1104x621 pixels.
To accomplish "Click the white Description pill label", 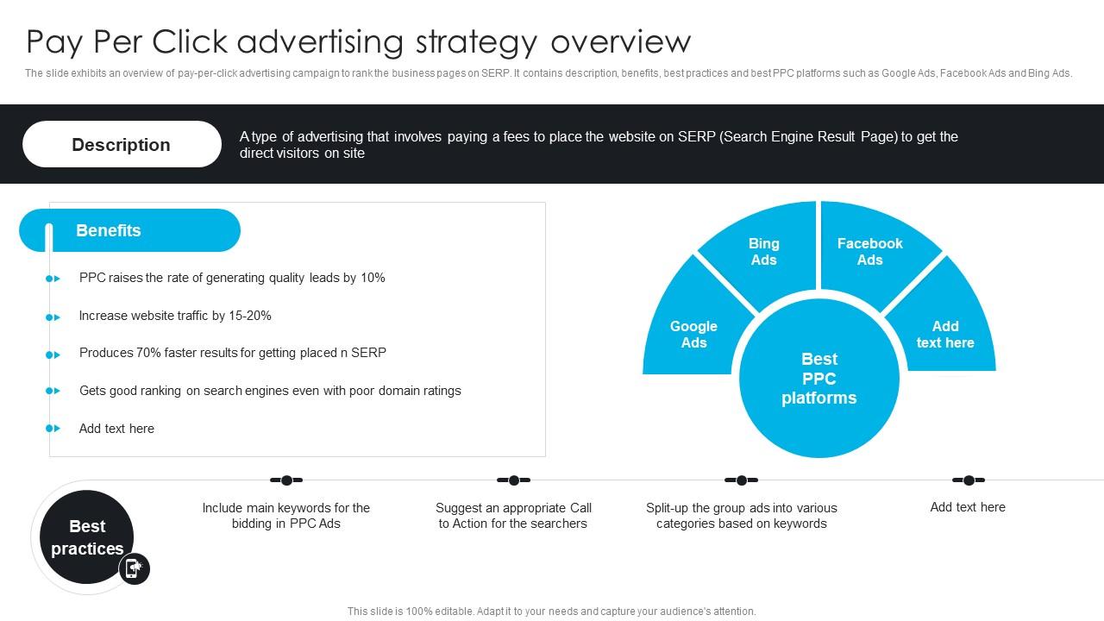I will tap(122, 144).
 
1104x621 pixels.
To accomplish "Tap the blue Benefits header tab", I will tap(129, 230).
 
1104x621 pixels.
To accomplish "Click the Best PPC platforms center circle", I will tap(819, 379).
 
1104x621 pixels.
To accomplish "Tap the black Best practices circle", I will tap(86, 536).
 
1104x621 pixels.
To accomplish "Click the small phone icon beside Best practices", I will tap(134, 568).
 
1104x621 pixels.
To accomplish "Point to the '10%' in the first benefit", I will tap(373, 278).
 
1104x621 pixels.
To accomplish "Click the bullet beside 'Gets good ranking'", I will tap(53, 391).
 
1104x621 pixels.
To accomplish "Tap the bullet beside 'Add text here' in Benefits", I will tap(53, 429).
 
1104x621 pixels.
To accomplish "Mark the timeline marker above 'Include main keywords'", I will tap(286, 480).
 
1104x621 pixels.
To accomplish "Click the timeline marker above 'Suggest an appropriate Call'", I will tap(513, 480).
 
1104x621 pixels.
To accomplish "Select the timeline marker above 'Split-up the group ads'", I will tap(741, 480).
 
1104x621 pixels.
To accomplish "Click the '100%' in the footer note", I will tap(419, 612).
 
